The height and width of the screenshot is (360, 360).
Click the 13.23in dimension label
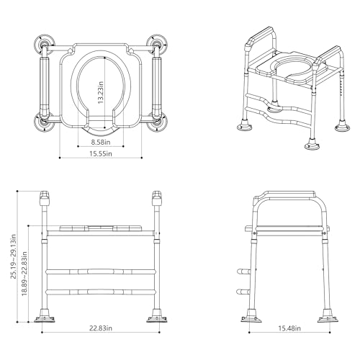[101, 92]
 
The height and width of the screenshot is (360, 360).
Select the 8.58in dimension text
[101, 142]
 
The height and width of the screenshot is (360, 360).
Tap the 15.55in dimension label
[101, 153]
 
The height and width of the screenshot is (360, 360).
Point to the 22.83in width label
[101, 328]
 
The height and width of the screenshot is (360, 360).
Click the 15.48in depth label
[289, 328]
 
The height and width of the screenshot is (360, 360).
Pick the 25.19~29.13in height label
[14, 256]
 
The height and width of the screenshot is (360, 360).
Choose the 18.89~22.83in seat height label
[24, 274]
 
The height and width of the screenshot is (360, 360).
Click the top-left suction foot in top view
[43, 45]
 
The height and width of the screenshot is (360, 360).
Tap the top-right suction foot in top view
[157, 45]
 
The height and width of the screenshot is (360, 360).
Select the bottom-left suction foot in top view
[45, 122]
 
